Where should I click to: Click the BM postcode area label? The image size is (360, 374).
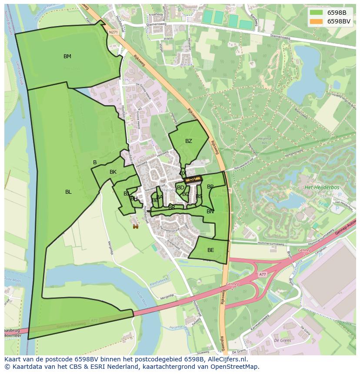click(67, 56)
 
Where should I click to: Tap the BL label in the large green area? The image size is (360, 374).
click(68, 192)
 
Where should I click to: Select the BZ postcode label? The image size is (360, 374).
click(188, 141)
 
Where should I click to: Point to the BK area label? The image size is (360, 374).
click(113, 172)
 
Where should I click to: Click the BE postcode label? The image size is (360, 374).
click(211, 250)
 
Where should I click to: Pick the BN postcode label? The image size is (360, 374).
click(210, 212)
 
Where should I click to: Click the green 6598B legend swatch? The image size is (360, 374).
click(316, 13)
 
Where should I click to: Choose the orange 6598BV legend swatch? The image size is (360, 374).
click(316, 21)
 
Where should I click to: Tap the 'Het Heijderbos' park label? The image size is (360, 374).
click(322, 187)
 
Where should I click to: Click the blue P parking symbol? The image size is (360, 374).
click(337, 209)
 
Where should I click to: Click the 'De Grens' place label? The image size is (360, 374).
click(282, 341)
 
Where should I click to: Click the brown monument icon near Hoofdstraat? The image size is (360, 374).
click(136, 226)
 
